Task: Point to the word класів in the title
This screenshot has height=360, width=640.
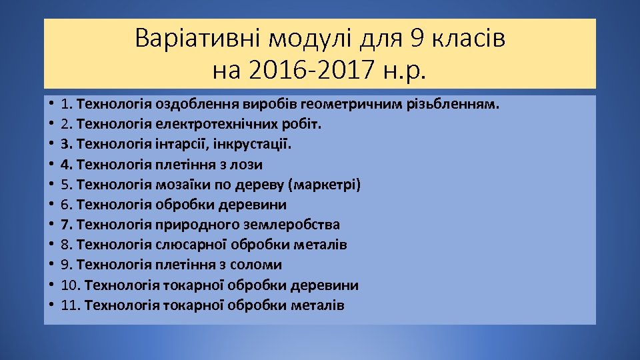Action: click(467, 39)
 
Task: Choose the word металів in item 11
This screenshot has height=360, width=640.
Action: click(318, 305)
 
